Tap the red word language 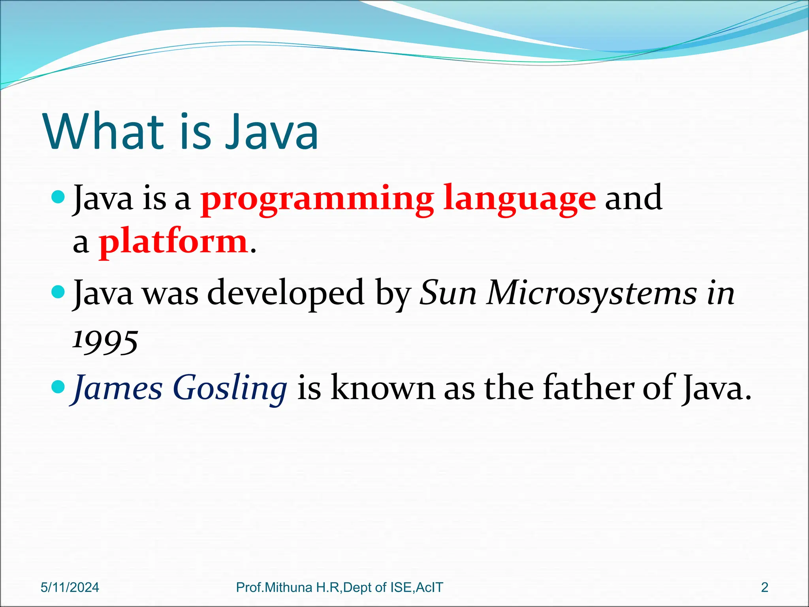(x=519, y=199)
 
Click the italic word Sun (x=448, y=294)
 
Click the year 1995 (x=105, y=341)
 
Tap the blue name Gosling (x=230, y=388)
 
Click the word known (x=383, y=388)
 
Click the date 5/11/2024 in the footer (x=70, y=587)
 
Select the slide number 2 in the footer (x=764, y=587)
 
